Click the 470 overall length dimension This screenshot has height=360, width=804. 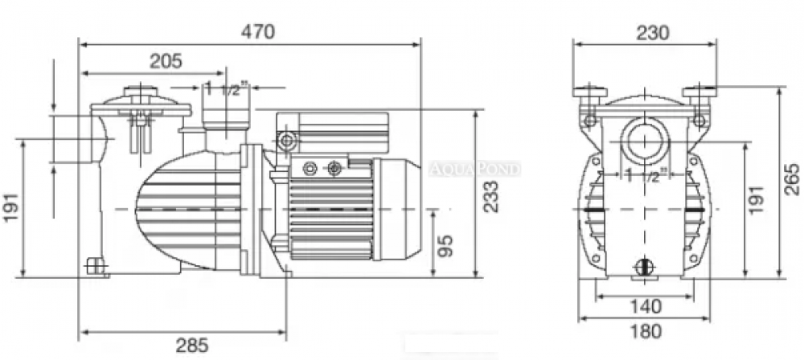tap(258, 32)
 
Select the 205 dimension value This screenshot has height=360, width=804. tap(166, 62)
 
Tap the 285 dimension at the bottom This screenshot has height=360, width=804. tap(192, 345)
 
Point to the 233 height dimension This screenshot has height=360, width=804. tap(491, 196)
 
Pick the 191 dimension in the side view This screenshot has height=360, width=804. tap(11, 207)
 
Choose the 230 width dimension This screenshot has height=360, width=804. tap(653, 33)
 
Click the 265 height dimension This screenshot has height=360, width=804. tap(792, 179)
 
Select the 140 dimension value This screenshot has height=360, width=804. tap(645, 307)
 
